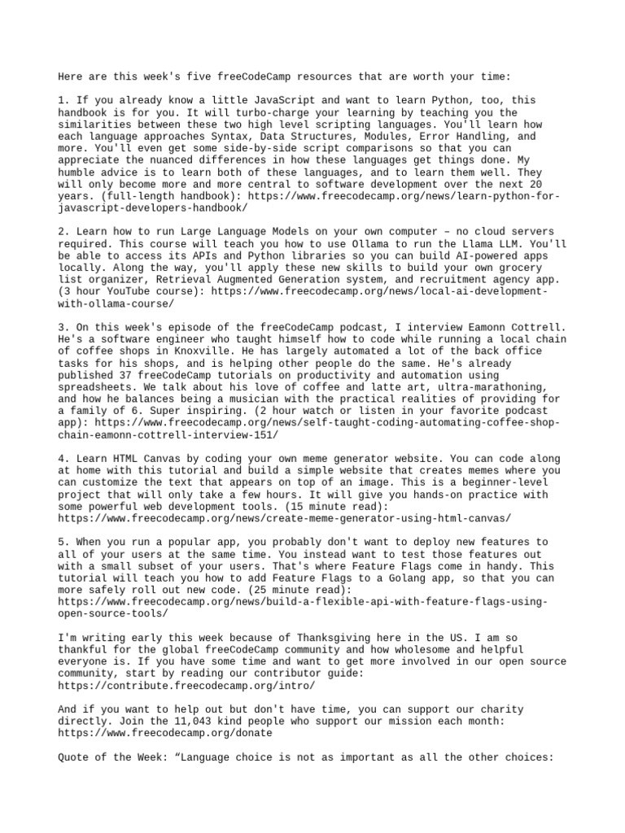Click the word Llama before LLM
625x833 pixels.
pos(469,242)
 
